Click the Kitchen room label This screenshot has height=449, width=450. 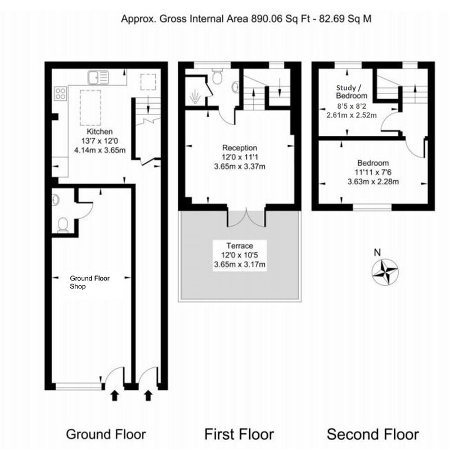[x=100, y=132]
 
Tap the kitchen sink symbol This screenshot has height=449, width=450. [x=98, y=78]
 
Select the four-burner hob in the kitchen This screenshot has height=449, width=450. [x=60, y=94]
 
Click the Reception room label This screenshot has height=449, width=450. [x=240, y=148]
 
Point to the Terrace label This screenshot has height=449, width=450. [x=240, y=246]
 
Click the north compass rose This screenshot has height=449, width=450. [x=385, y=272]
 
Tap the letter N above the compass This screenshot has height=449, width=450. [x=377, y=252]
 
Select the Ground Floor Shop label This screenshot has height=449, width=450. [x=89, y=282]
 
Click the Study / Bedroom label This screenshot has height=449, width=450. [x=352, y=92]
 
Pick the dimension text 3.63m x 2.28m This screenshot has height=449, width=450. [x=373, y=181]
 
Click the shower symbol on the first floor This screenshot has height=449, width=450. [x=195, y=96]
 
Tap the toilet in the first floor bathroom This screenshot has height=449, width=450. [x=217, y=76]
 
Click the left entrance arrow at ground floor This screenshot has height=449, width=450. [x=115, y=395]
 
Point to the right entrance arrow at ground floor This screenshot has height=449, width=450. [x=148, y=395]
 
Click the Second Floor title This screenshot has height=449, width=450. [x=372, y=434]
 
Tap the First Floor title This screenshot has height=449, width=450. [x=239, y=434]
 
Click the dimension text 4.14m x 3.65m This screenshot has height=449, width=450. [x=100, y=150]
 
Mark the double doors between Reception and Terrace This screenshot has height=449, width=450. [x=246, y=217]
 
